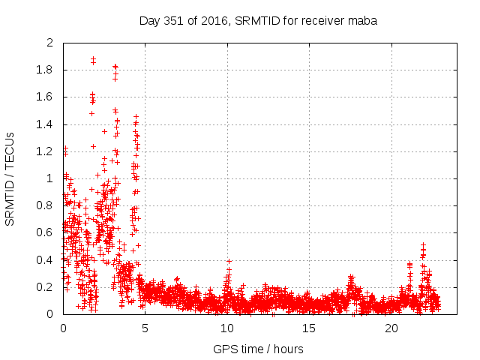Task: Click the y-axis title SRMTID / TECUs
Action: [10, 178]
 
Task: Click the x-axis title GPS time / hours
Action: [258, 349]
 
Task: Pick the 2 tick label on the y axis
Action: [49, 43]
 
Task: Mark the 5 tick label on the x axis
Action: [145, 328]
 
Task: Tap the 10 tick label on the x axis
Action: [227, 328]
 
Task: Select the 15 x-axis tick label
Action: [309, 328]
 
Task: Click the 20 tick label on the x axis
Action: [391, 328]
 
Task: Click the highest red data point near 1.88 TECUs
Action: [93, 58]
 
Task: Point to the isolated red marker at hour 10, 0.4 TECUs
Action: [229, 261]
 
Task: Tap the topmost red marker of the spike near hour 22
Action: [423, 244]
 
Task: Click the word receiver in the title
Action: [322, 20]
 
